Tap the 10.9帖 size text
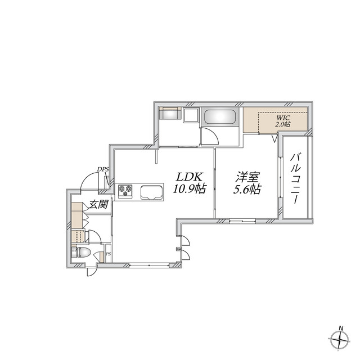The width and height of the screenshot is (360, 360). coord(188,190)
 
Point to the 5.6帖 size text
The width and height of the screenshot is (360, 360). coord(247,190)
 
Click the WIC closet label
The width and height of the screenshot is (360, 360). coord(282,118)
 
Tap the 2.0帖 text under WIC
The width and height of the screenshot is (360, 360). coord(282,124)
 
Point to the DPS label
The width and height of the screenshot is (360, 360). coord(102,169)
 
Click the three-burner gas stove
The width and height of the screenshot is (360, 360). coord(125,191)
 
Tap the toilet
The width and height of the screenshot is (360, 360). coord(82,252)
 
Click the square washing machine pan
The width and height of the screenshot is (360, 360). coord(191,116)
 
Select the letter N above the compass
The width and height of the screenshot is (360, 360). coord(340,327)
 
